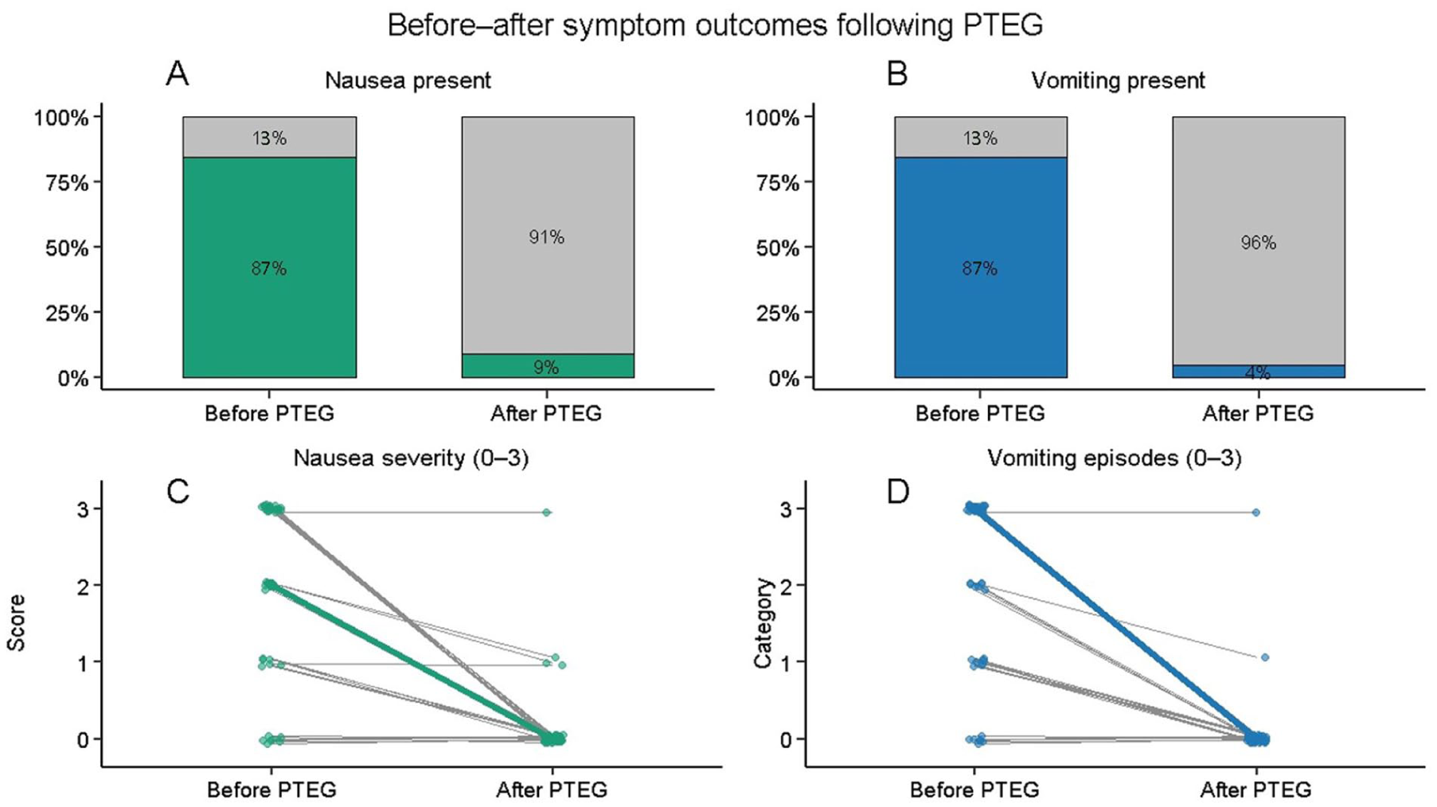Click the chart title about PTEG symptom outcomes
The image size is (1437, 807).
click(715, 25)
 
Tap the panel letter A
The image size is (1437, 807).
click(177, 74)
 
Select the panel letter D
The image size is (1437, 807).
click(897, 493)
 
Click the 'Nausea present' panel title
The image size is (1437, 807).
click(408, 80)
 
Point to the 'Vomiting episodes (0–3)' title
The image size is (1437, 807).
click(1115, 458)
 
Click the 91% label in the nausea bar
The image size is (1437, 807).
click(546, 237)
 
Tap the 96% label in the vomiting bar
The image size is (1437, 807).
click(1258, 243)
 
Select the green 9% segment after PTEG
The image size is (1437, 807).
click(549, 365)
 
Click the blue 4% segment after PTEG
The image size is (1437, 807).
click(1259, 372)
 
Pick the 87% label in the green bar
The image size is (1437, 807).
click(269, 269)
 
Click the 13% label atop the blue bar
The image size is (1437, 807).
click(980, 138)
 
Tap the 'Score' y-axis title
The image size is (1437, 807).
click(17, 623)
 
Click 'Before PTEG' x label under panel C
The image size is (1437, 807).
click(271, 790)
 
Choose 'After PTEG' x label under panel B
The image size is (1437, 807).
click(1258, 414)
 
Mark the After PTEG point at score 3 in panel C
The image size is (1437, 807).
click(546, 513)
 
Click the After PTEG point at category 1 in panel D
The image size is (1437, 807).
click(1265, 657)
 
